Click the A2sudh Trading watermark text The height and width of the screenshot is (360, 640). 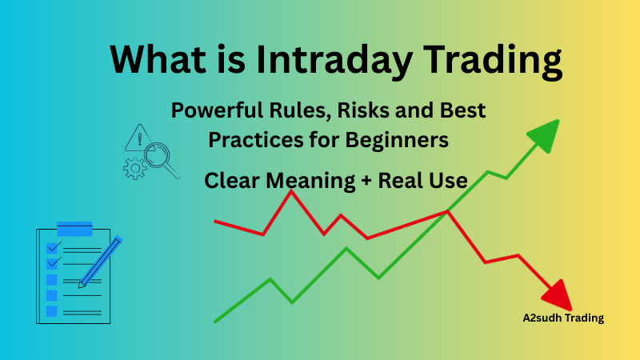(558, 318)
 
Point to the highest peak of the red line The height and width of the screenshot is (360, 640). (290, 192)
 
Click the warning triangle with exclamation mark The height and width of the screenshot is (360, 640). (138, 139)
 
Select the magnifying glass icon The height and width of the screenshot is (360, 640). (162, 154)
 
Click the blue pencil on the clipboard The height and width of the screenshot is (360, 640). (100, 261)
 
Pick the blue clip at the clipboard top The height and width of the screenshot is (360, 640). (74, 229)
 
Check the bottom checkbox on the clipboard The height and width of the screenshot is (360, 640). (52, 311)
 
